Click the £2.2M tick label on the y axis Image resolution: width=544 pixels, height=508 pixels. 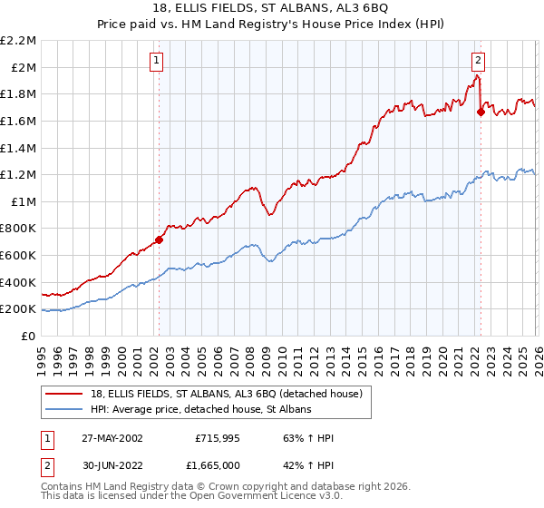(x=18, y=41)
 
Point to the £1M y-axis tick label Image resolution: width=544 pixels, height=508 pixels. (x=23, y=201)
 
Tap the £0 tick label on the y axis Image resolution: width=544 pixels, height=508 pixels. (x=29, y=336)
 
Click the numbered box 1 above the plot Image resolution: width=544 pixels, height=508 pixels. (x=157, y=61)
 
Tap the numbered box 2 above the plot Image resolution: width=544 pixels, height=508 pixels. (x=478, y=61)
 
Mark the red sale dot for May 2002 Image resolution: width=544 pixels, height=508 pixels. (x=159, y=239)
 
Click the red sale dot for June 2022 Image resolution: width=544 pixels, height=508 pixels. (x=481, y=112)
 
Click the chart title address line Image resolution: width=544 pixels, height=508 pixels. (x=272, y=9)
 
